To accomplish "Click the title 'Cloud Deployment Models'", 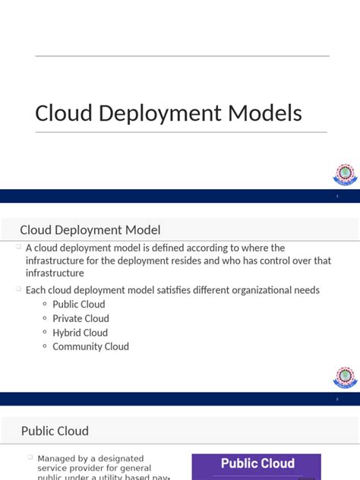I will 168,113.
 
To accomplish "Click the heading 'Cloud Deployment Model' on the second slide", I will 90,230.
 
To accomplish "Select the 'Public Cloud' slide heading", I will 55,431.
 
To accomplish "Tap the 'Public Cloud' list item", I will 78,305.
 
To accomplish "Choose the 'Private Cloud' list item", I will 81,318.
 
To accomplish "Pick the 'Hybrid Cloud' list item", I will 80,333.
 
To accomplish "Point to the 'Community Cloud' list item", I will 90,346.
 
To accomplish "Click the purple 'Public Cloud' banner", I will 257,463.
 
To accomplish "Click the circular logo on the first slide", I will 345,174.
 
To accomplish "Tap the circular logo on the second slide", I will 345,377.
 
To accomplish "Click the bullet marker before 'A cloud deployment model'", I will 18,247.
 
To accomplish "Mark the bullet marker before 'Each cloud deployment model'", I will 18,289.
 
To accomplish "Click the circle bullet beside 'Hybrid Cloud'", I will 45,333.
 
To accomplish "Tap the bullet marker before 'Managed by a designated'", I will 30,457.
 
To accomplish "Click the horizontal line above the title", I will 182,56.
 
